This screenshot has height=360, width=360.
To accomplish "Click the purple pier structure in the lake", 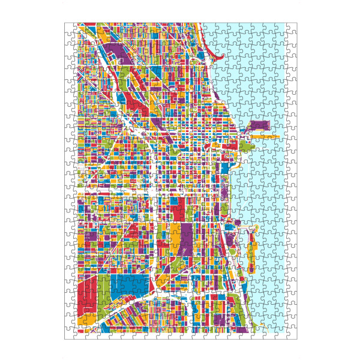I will click(x=259, y=125).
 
